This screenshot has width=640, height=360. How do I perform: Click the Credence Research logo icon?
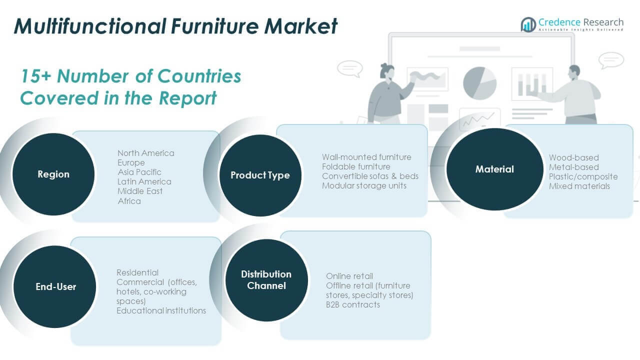tap(528, 24)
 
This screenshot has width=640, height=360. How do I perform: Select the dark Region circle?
tap(53, 174)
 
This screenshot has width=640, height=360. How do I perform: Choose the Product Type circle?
tap(260, 175)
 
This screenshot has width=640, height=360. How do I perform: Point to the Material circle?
tap(494, 169)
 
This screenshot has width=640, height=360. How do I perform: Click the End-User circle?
tap(55, 286)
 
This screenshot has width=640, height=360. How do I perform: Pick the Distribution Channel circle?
tap(266, 280)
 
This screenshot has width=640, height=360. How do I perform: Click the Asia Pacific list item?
tap(139, 172)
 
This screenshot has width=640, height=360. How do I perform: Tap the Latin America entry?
tap(144, 181)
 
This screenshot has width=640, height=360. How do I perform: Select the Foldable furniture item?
tap(356, 166)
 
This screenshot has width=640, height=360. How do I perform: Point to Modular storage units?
tap(364, 185)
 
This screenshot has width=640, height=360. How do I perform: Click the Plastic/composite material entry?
tap(583, 176)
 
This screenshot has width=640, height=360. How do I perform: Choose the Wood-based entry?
tap(573, 157)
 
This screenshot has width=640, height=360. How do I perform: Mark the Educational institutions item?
tap(161, 310)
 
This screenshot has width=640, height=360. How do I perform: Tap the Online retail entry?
tap(349, 276)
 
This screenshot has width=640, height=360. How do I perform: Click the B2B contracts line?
tap(352, 304)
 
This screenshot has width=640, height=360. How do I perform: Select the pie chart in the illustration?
tap(479, 82)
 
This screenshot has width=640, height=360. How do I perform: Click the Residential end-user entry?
tap(137, 272)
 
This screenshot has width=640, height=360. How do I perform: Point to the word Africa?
tap(129, 201)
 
